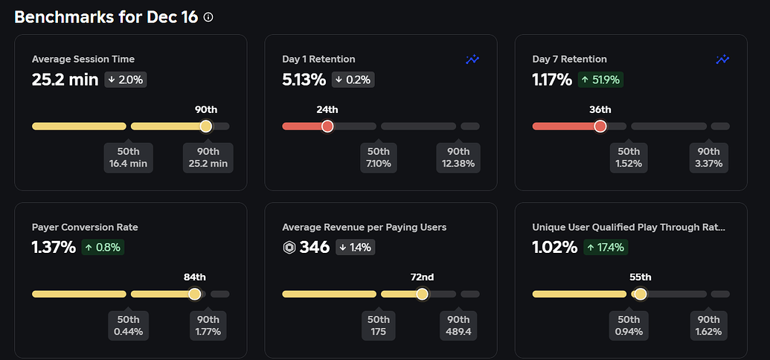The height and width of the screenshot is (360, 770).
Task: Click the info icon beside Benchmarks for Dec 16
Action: pyautogui.click(x=208, y=17)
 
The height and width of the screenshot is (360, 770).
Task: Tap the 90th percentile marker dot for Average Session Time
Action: pyautogui.click(x=206, y=126)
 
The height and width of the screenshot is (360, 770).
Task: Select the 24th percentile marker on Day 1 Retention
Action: pyautogui.click(x=327, y=126)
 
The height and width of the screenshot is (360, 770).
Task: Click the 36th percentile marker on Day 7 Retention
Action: pyautogui.click(x=600, y=126)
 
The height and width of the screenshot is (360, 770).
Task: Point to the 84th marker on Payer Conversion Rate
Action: pyautogui.click(x=195, y=294)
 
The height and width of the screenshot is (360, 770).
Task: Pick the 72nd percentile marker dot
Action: pyautogui.click(x=422, y=294)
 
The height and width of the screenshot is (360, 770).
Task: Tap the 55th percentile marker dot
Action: pyautogui.click(x=641, y=294)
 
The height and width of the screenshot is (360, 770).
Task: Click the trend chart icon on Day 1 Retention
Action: pyautogui.click(x=472, y=60)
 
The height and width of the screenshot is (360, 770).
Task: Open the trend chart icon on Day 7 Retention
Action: pyautogui.click(x=722, y=60)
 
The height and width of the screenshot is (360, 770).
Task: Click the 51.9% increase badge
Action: pyautogui.click(x=600, y=80)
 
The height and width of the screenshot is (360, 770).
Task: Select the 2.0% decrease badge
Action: pyautogui.click(x=125, y=80)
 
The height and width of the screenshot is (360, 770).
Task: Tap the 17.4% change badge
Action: pyautogui.click(x=606, y=248)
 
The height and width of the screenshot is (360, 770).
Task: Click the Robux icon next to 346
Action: pyautogui.click(x=289, y=248)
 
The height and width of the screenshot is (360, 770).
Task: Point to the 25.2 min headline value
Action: pyautogui.click(x=65, y=80)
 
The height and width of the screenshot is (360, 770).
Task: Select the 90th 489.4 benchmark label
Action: pyautogui.click(x=458, y=325)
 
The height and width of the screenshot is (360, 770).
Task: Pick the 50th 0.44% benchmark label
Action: pyautogui.click(x=129, y=325)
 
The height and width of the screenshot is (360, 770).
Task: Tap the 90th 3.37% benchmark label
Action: pyautogui.click(x=708, y=158)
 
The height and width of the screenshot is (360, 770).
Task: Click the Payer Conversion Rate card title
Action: pyautogui.click(x=85, y=227)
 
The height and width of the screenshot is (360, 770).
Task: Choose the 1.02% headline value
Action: pyautogui.click(x=554, y=248)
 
